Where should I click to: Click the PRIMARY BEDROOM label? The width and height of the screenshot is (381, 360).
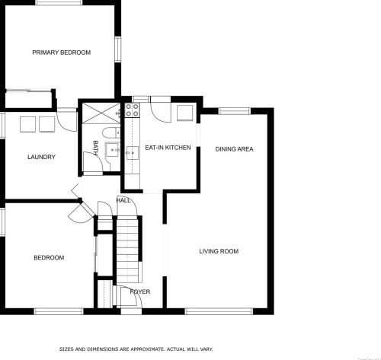(x=61, y=53)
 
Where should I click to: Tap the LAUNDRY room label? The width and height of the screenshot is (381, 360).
(x=41, y=158)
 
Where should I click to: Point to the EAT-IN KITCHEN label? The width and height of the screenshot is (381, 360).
(x=168, y=148)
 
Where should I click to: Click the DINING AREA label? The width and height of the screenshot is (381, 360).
(x=234, y=149)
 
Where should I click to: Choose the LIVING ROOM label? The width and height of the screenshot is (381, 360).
(x=219, y=251)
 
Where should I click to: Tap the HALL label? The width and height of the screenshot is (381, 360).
(x=123, y=200)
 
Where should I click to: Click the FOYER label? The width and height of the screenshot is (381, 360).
(x=140, y=292)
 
